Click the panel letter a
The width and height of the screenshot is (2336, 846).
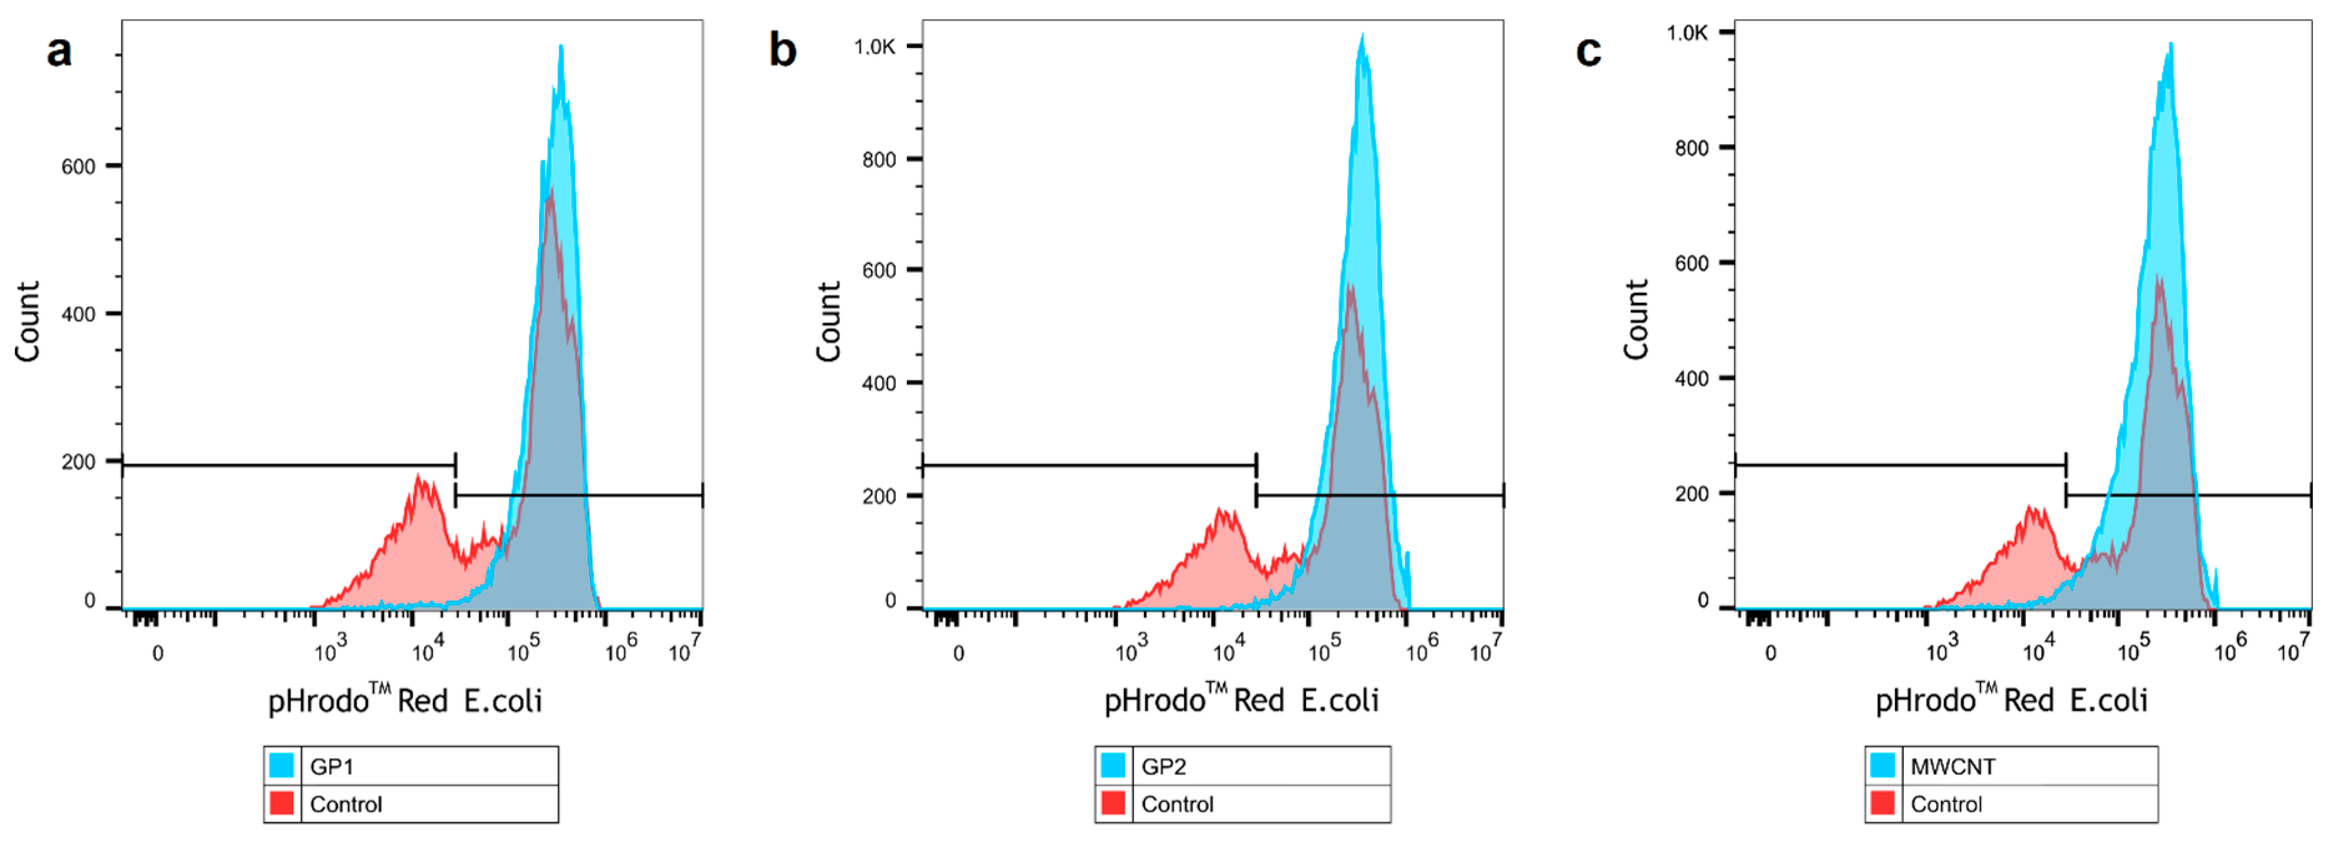(59, 51)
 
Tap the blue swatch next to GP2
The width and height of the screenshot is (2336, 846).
(1113, 766)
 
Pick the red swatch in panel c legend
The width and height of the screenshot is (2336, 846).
(1883, 804)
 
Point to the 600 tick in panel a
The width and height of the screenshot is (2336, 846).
(78, 167)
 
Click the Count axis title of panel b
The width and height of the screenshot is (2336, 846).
(829, 322)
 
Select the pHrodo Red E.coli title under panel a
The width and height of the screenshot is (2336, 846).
(405, 700)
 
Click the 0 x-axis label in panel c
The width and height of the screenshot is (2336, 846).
(1770, 653)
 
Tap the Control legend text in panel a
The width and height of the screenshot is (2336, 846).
(346, 804)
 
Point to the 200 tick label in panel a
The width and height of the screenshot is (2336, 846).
(78, 462)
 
